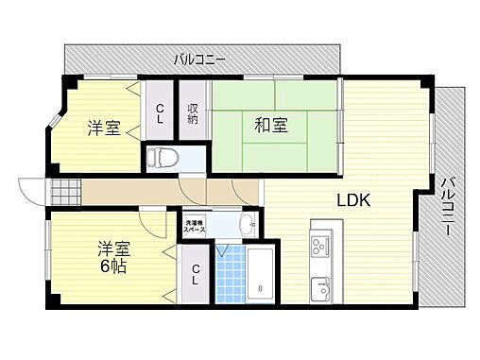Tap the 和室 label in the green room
tap(269, 124)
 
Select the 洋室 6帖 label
tap(111, 257)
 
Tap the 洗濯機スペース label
tap(196, 228)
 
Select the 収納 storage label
tap(193, 113)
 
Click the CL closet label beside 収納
tap(160, 113)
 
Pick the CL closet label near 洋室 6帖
tap(195, 275)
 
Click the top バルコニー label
tap(198, 60)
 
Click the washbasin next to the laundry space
tap(247, 226)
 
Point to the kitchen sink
tap(318, 284)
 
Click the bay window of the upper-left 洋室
tap(55, 123)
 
